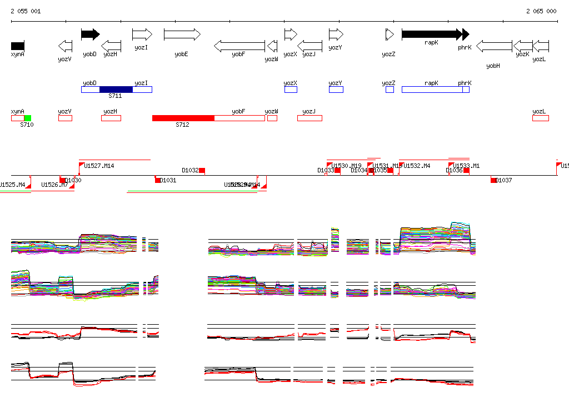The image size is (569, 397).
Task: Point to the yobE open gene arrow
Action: click(182, 34)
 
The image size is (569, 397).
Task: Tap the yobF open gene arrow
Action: click(239, 46)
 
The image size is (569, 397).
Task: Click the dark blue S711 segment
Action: click(116, 89)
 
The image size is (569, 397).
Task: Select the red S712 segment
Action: click(183, 118)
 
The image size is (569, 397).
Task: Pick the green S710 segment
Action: click(27, 118)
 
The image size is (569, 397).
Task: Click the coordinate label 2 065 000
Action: click(541, 11)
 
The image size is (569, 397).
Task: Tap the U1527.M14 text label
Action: click(99, 166)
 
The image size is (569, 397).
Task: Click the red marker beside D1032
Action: click(202, 170)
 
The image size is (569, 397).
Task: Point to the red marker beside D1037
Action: click(493, 180)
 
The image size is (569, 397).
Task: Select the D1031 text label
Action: click(168, 180)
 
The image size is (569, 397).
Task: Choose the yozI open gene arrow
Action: click(142, 34)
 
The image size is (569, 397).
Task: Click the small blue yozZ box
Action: click(390, 89)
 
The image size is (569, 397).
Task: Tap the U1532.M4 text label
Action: click(417, 166)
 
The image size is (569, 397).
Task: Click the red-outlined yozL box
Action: click(540, 118)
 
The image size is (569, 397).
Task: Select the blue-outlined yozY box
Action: click(336, 89)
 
